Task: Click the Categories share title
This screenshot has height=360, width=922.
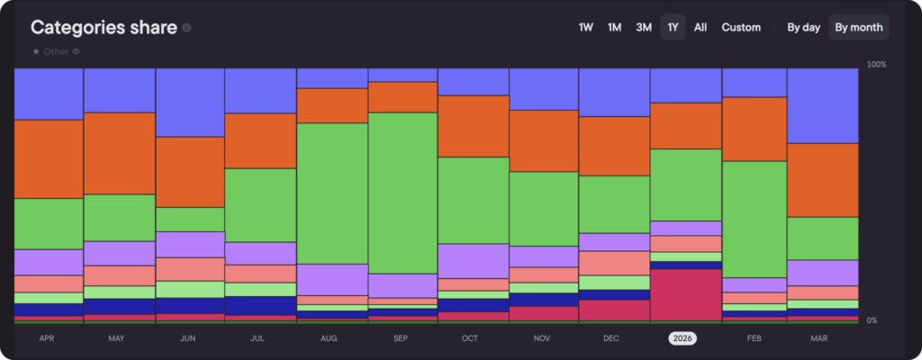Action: click(x=103, y=27)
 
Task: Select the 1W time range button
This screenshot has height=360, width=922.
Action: click(x=586, y=27)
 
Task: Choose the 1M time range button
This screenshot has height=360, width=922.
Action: click(x=615, y=27)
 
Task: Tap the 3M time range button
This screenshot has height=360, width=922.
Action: click(x=644, y=27)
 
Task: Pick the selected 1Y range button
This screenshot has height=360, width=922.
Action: click(x=673, y=27)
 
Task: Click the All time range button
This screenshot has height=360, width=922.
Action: click(x=701, y=27)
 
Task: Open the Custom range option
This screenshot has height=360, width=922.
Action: click(x=741, y=27)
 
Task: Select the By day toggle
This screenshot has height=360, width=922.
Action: click(x=803, y=27)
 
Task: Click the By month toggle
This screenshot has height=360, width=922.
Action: click(x=858, y=27)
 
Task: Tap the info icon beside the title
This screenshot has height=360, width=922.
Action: click(x=186, y=28)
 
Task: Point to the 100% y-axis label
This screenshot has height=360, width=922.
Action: click(x=876, y=65)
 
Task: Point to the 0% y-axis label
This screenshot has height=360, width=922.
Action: click(x=872, y=320)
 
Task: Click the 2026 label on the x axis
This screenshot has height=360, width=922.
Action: click(x=682, y=338)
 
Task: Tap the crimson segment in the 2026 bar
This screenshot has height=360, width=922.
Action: click(x=685, y=293)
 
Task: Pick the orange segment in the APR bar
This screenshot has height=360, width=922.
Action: click(x=49, y=158)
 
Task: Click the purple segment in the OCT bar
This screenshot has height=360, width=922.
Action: click(x=473, y=260)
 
